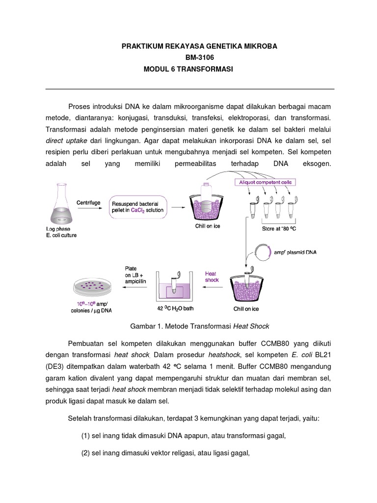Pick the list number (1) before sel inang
86,435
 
